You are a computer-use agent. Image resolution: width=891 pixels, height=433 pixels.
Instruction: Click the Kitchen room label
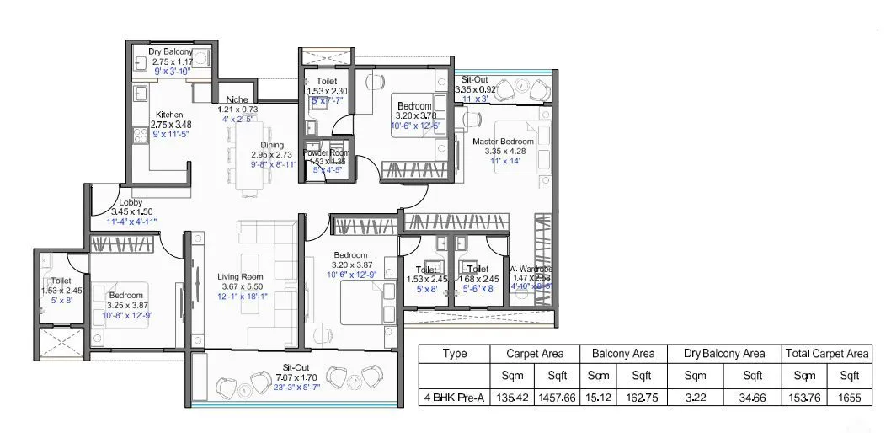[169, 115]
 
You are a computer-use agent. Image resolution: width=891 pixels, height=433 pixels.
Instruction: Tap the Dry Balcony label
[170, 51]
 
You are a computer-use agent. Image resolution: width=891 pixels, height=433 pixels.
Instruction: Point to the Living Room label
[240, 276]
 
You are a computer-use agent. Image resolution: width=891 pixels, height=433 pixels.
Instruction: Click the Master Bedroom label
[503, 142]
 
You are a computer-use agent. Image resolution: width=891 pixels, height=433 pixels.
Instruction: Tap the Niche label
[236, 99]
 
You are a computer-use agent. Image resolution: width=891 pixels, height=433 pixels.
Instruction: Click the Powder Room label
[328, 152]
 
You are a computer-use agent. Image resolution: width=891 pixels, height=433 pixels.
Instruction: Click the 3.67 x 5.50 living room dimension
[240, 286]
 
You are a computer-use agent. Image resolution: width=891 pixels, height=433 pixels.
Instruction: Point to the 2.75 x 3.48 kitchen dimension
[171, 125]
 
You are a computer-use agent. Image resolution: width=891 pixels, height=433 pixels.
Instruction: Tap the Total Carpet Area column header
[825, 354]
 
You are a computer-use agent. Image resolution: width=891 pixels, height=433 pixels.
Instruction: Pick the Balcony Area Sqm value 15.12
[599, 397]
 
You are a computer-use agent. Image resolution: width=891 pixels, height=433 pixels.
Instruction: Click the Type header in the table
[454, 354]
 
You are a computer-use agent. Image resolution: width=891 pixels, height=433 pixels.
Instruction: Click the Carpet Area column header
[535, 354]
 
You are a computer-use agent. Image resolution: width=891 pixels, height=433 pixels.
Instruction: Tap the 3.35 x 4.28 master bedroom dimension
[503, 152]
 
